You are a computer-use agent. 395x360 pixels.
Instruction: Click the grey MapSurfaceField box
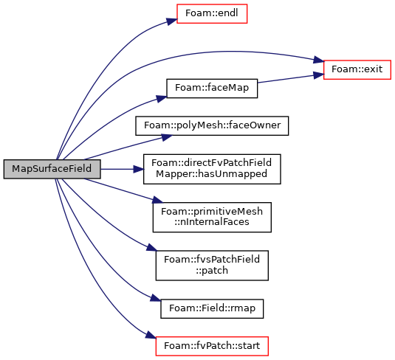52,169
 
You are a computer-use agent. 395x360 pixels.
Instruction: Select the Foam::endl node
212,13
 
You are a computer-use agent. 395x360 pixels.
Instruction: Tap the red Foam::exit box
357,70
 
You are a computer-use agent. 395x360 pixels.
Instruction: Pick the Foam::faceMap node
212,89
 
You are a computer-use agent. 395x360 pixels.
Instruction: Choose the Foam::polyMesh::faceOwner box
212,126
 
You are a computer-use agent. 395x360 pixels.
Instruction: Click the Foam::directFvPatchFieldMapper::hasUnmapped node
212,169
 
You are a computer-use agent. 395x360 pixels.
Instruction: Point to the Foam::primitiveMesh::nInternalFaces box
212,218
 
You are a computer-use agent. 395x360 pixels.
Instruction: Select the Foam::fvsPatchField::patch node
212,266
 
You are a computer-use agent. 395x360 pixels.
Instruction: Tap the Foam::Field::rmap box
212,308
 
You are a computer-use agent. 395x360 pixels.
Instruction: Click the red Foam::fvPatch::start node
212,346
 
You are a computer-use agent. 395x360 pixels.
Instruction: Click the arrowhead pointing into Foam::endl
171,21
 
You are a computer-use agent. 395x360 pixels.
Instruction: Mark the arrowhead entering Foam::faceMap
162,99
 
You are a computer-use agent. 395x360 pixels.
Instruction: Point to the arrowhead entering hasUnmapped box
139,169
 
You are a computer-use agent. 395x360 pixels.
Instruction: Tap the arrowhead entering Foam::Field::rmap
156,298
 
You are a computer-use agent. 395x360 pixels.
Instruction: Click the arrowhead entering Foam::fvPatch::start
151,336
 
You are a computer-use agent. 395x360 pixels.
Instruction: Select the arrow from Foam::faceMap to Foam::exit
290,78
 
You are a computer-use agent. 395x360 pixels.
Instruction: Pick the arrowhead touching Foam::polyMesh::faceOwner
167,137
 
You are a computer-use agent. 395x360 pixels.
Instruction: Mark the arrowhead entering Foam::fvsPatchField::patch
151,247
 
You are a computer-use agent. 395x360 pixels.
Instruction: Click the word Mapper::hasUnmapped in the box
212,174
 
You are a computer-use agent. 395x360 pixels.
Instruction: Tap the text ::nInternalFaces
212,222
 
